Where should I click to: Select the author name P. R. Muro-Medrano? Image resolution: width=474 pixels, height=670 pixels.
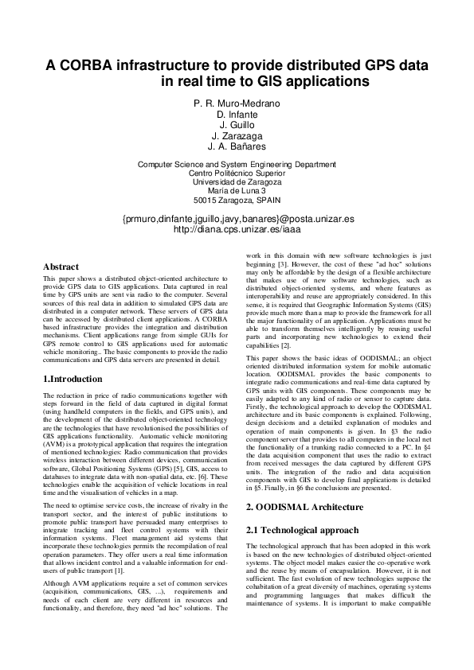tap(237, 103)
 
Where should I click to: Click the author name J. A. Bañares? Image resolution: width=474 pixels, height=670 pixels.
tap(237, 147)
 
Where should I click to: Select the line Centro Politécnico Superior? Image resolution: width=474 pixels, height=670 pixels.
tap(237, 173)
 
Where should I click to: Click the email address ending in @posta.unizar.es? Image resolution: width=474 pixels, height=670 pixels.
tap(237, 217)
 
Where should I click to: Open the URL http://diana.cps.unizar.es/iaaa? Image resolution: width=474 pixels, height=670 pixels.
tap(237, 228)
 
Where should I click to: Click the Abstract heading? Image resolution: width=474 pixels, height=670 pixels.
tap(61, 267)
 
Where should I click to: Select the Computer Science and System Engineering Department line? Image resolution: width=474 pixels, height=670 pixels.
tap(237, 164)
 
